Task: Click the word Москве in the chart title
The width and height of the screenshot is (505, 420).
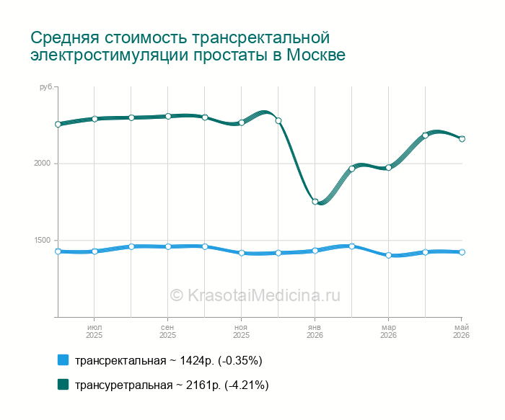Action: [316, 55]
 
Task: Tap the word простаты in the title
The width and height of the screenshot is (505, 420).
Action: [230, 55]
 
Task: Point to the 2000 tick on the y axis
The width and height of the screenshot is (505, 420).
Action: [43, 163]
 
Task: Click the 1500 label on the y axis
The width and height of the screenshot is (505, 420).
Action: [43, 240]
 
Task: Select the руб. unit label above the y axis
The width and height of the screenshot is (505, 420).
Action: [46, 87]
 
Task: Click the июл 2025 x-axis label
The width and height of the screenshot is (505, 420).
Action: [94, 331]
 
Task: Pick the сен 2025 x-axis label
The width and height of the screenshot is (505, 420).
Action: [167, 331]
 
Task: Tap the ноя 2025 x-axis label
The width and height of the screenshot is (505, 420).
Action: [241, 331]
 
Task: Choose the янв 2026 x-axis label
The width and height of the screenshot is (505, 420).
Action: [315, 331]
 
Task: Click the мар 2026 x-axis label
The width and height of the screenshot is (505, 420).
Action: [388, 331]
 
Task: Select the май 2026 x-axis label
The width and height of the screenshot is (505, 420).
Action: [462, 331]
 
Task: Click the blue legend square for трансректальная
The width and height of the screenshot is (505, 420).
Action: [63, 360]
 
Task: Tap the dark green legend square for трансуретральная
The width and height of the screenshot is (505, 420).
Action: [63, 384]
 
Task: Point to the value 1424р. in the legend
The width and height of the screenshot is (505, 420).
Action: [196, 361]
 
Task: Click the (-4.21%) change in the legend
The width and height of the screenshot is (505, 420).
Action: [247, 385]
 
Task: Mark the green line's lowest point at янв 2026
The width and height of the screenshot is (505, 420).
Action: [315, 202]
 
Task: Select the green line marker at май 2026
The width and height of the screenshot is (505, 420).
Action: [462, 139]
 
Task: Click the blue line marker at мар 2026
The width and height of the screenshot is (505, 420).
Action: [388, 255]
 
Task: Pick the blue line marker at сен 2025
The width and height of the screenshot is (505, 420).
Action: [168, 246]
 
